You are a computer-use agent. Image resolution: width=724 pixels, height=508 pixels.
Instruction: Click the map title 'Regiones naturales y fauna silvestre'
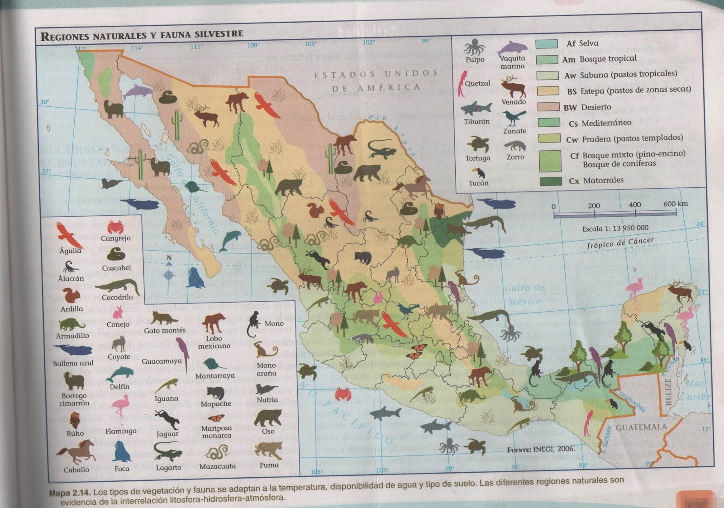coord(142,35)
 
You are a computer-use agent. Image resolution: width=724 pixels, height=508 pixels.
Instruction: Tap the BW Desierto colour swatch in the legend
coord(548,107)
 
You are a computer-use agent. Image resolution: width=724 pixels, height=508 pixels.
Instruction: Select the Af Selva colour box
coord(546,44)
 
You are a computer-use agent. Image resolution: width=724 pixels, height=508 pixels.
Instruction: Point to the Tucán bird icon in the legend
coord(478,173)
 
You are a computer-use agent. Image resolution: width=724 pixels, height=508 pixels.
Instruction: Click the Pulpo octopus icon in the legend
coord(474,47)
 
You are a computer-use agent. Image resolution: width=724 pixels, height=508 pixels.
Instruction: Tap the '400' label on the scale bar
coord(634,205)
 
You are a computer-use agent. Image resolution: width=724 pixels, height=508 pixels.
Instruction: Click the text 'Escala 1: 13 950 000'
coord(615,228)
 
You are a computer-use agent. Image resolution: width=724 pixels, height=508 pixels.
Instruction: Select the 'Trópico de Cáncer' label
coord(620,243)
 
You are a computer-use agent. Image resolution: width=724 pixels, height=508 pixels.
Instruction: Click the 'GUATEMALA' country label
coord(641,427)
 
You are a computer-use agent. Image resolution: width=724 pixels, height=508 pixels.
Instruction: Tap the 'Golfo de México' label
coord(524,294)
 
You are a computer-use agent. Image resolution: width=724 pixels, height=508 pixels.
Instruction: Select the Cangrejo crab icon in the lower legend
coord(116,227)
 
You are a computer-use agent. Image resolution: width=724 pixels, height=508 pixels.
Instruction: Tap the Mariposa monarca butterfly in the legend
coord(216,418)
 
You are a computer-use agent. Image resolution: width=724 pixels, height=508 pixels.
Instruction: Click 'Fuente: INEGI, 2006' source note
coord(541,449)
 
